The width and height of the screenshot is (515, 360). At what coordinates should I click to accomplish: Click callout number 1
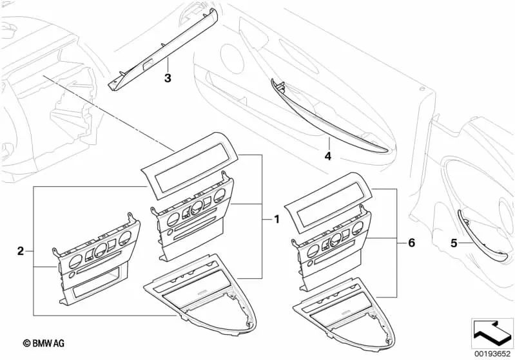tap(277, 219)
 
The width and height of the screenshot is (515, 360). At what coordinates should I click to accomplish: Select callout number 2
tap(21, 251)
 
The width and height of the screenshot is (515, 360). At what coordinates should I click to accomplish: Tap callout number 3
tap(168, 79)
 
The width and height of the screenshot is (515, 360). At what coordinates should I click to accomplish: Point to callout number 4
tap(328, 156)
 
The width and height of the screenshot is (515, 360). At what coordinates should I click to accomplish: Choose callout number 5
tap(454, 243)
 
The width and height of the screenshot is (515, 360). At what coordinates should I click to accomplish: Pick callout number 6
tap(411, 243)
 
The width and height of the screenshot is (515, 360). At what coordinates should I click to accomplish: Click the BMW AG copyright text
tap(44, 343)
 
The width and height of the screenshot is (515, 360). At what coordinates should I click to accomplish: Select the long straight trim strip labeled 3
tap(163, 50)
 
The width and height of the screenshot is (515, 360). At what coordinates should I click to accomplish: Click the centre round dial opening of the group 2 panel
tap(101, 251)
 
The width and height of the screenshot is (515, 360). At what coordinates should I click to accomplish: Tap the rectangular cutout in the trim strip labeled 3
tap(147, 65)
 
